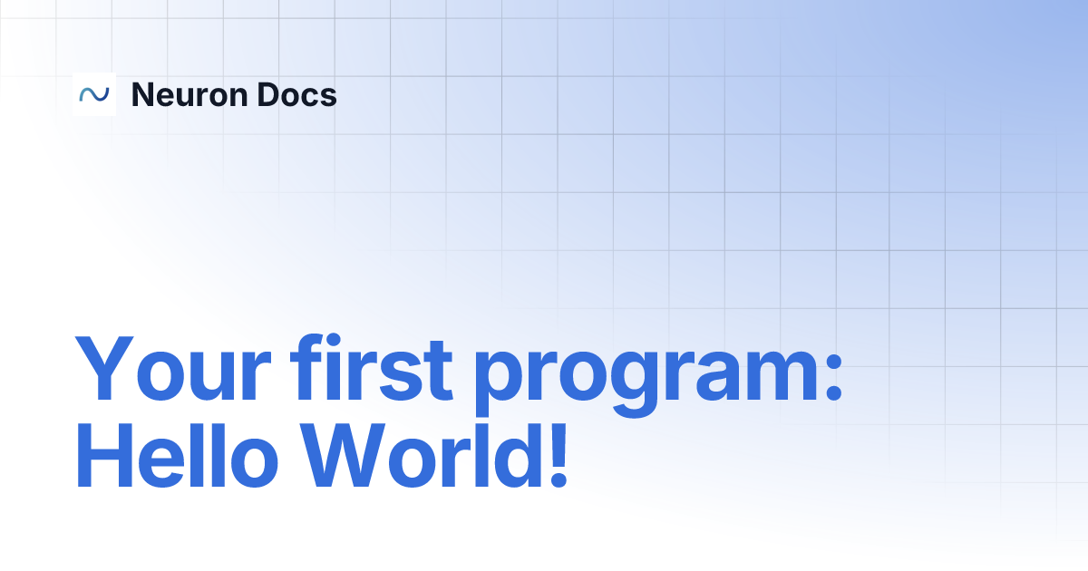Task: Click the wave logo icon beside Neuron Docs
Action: click(94, 94)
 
